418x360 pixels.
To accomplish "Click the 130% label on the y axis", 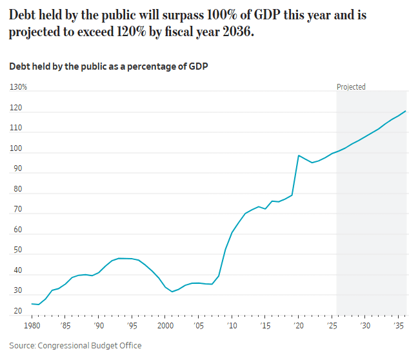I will [18, 87].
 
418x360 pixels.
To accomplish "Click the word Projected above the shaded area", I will [351, 87].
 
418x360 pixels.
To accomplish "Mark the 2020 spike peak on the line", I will [298, 155].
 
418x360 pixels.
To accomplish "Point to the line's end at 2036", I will [405, 111].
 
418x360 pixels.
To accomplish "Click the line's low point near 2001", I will [172, 292].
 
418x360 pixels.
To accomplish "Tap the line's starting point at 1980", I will [32, 303].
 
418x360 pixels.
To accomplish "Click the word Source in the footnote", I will [23, 345].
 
